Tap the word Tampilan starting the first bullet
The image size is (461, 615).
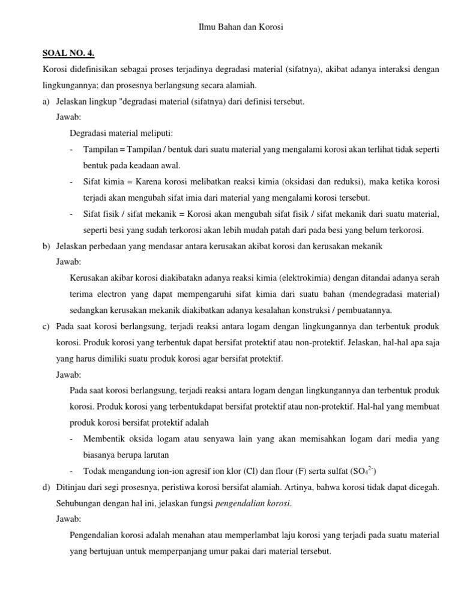click(x=100, y=150)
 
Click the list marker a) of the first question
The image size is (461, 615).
click(x=46, y=101)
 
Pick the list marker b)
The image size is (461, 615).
click(x=46, y=246)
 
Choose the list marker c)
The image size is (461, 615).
click(x=46, y=327)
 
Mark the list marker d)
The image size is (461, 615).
click(x=46, y=487)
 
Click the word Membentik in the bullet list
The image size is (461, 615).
click(x=105, y=439)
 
